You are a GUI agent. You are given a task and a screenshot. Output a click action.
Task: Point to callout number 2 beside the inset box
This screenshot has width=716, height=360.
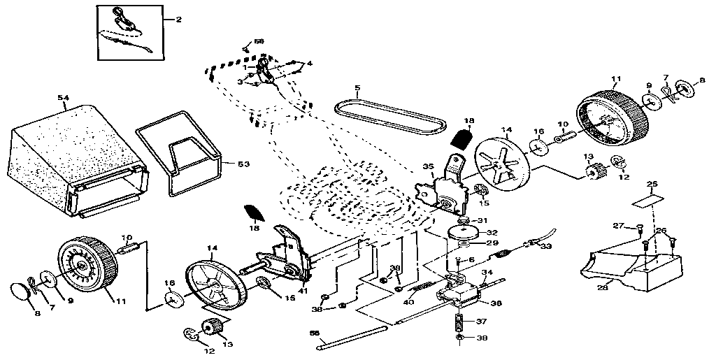(178, 20)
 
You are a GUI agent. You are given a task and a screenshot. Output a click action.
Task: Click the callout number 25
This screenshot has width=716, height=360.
(652, 185)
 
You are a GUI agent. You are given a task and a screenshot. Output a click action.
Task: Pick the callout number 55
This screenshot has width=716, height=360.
(314, 333)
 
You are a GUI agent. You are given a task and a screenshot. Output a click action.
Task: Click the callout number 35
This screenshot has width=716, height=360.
(428, 166)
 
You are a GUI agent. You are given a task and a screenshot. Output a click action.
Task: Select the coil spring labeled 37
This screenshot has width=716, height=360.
(459, 324)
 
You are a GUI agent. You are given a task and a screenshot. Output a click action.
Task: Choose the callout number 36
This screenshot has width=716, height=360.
(497, 304)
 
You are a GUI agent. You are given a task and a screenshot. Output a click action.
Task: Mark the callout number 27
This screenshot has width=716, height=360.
(617, 226)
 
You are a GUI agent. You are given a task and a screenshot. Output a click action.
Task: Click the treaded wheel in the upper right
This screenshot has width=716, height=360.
(608, 120)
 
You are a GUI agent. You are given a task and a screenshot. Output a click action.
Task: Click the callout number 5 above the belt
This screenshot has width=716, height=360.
(357, 89)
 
